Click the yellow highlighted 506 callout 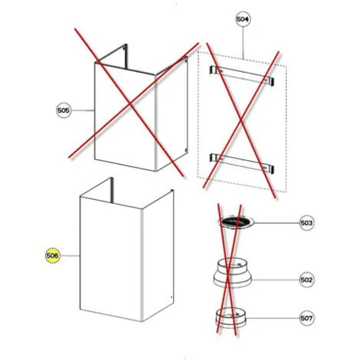tap(52, 256)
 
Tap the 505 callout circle tap(64, 110)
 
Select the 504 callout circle tap(243, 19)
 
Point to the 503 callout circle tap(306, 223)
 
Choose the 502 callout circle tap(306, 280)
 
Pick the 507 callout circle tap(306, 318)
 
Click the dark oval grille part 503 tap(236, 222)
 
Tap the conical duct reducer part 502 tap(232, 273)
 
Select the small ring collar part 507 tap(231, 318)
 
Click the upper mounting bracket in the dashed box tap(241, 75)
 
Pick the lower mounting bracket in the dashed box tap(241, 162)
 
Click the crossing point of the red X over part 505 tap(130, 103)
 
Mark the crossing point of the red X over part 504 tap(241, 120)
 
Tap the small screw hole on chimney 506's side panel tap(171, 297)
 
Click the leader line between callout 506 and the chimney tap(70, 256)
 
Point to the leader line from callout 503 tap(277, 223)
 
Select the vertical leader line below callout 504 tap(243, 43)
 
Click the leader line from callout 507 tap(273, 318)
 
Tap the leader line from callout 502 tap(276, 280)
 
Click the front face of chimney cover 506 tap(110, 258)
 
